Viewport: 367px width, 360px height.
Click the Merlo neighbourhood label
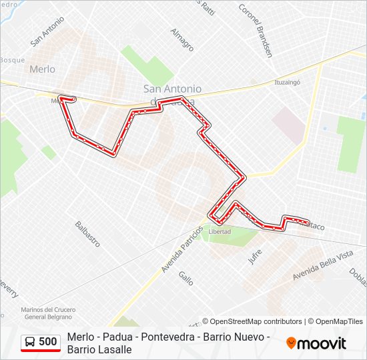tap(42, 69)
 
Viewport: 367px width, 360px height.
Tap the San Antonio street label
tap(47, 31)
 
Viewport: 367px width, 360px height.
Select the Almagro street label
tap(181, 39)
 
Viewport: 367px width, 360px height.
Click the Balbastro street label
tap(87, 233)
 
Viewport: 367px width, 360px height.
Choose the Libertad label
tap(220, 231)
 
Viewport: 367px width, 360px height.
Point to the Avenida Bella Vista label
tap(323, 266)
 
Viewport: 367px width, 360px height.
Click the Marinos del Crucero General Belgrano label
tap(48, 313)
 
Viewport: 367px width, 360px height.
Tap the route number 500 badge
tap(47, 342)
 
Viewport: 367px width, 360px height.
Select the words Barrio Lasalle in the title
tap(99, 349)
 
